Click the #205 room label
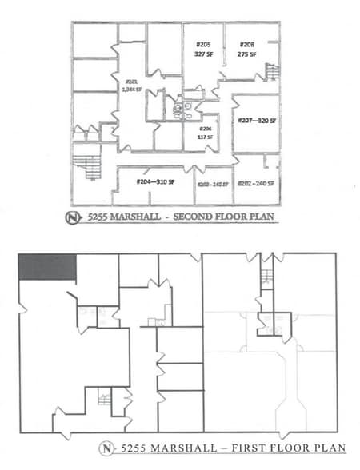[x=203, y=45]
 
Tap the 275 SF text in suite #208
[x=246, y=54]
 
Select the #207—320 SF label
[x=257, y=120]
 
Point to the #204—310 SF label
[x=155, y=183]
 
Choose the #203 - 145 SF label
[x=213, y=185]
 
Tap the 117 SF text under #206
[x=205, y=137]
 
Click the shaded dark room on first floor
[x=47, y=267]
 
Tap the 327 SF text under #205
[x=203, y=54]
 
